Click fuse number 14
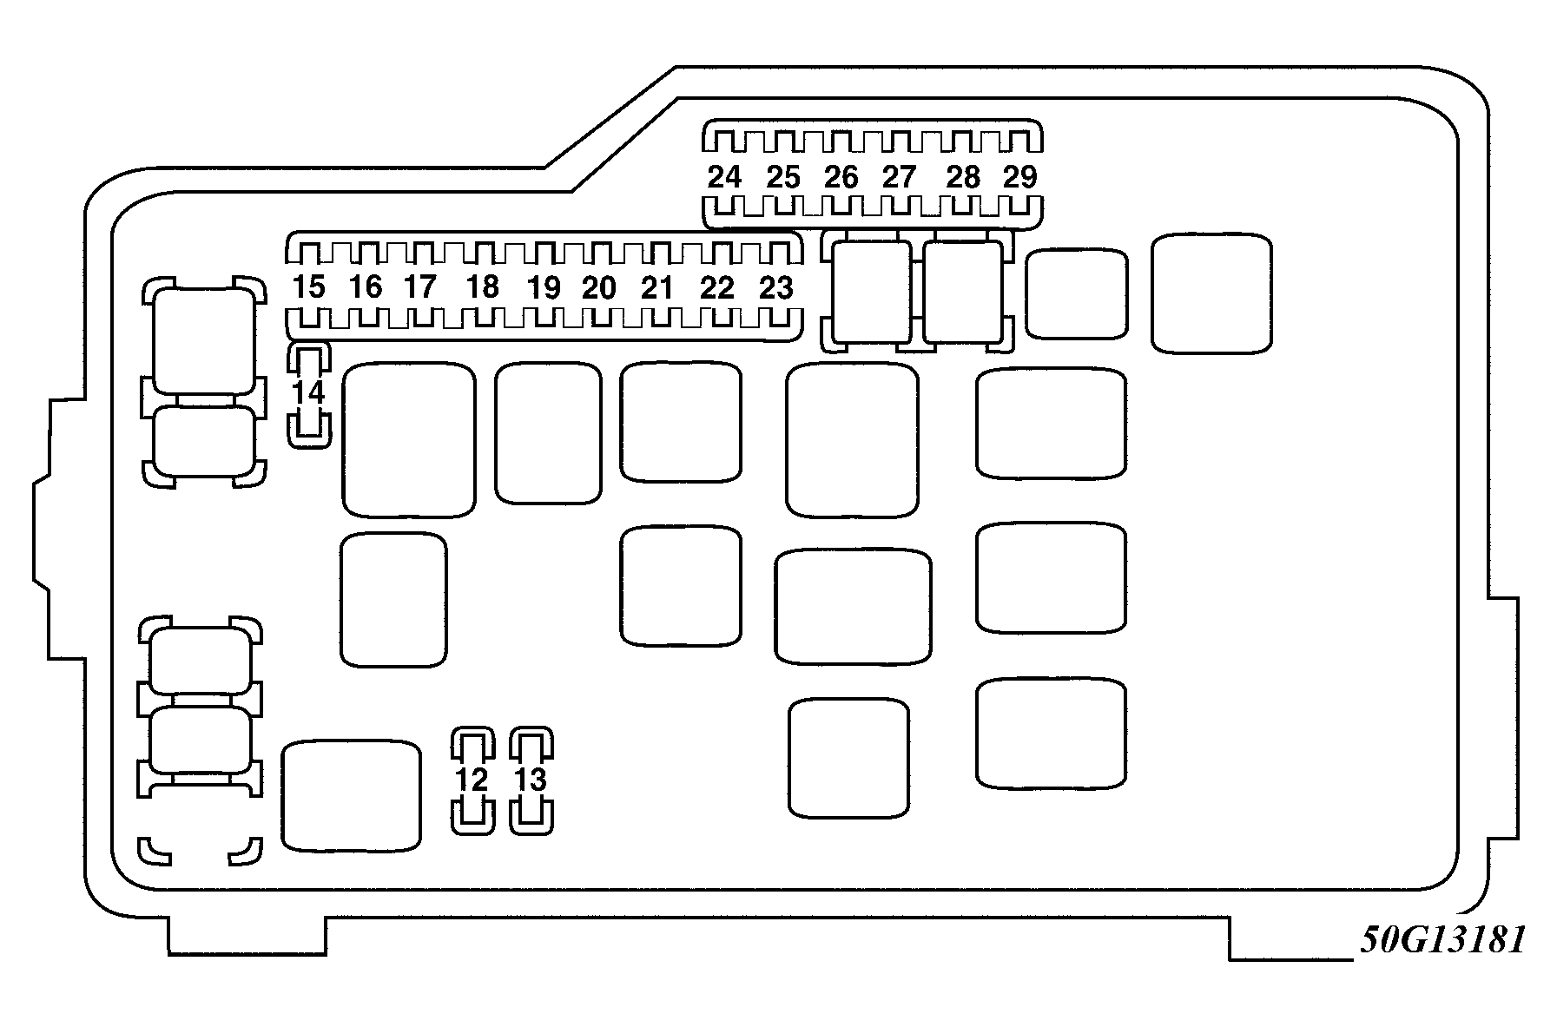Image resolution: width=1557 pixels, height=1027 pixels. (308, 393)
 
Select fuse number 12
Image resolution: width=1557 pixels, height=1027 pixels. (472, 780)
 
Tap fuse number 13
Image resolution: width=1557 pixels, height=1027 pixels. (530, 780)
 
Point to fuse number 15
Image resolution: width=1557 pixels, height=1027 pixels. (308, 286)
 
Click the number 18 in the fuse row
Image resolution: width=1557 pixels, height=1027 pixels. (482, 286)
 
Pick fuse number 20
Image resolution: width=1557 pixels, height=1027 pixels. (599, 287)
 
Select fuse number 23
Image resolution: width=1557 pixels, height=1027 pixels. (775, 287)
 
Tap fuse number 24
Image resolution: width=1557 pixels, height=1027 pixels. (724, 177)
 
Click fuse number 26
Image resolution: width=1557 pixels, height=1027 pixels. (841, 177)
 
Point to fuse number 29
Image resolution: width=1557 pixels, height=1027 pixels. (1020, 177)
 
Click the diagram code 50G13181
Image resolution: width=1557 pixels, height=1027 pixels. (1442, 940)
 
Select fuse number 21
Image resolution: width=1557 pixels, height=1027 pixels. (657, 287)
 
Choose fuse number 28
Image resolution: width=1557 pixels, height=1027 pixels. (963, 177)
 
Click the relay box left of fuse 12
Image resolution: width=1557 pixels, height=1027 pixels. (352, 795)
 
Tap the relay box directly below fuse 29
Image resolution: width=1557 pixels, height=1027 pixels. (1076, 293)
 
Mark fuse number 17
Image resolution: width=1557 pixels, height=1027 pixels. (419, 286)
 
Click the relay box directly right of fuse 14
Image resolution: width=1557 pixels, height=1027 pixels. (409, 439)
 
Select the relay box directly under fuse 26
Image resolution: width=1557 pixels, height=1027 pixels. (871, 292)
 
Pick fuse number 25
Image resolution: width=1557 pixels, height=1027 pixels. (782, 177)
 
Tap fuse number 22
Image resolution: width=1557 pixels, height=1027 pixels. (717, 287)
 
